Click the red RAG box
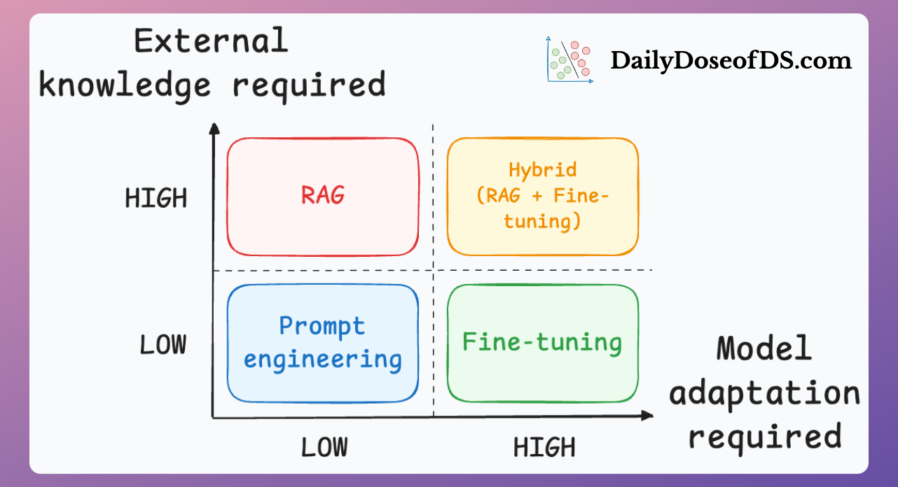coord(323,197)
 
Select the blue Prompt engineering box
coord(323,343)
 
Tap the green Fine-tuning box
coord(543,343)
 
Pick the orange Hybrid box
coord(543,197)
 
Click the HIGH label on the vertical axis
coord(156,199)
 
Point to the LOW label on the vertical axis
coord(163,345)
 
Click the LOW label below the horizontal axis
coord(324,447)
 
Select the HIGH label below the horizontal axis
coord(544,447)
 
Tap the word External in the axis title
coord(212,41)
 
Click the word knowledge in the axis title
coord(125,85)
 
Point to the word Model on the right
coord(764,348)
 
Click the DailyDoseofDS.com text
coord(731,61)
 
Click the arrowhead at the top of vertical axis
coord(215,128)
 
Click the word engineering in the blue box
coord(323,360)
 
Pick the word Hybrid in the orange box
coord(543,170)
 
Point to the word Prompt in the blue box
coord(322,326)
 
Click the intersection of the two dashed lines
coord(433,270)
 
